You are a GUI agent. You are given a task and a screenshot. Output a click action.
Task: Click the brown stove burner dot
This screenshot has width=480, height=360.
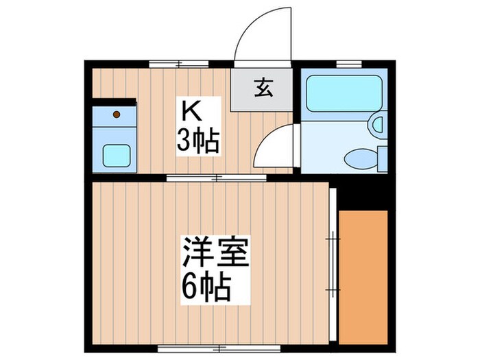pos(116,114)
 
